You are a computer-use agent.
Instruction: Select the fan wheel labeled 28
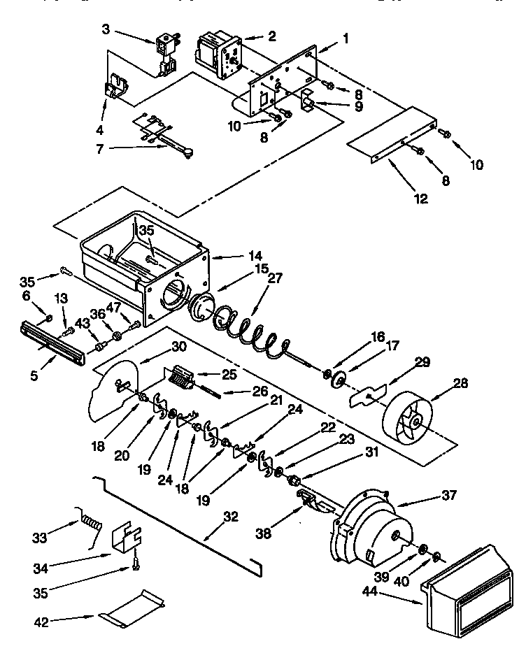(x=412, y=422)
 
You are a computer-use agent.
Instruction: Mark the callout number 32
(x=230, y=517)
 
